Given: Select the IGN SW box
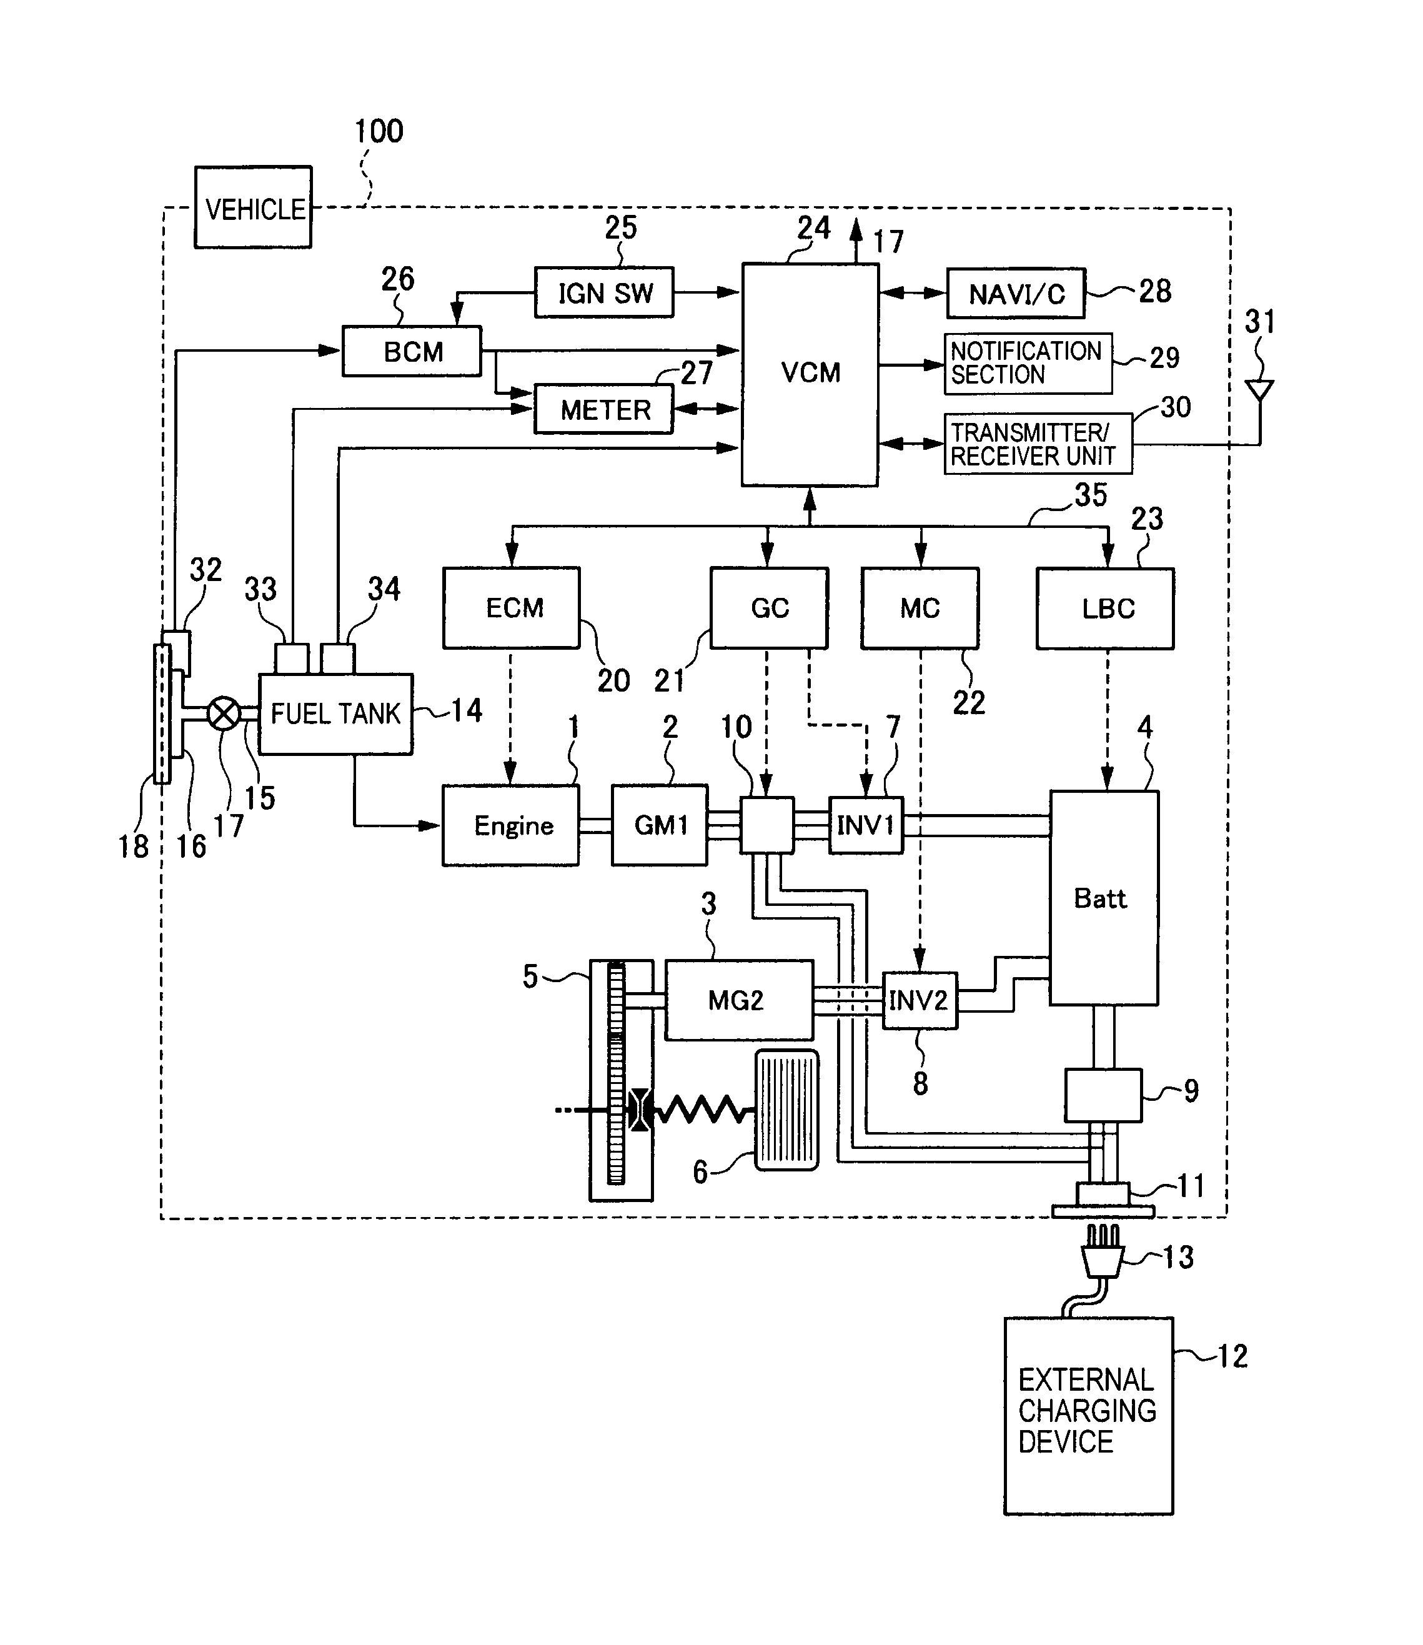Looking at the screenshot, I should [603, 293].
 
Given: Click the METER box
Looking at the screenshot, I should [603, 410].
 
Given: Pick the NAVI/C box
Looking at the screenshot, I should [1016, 294].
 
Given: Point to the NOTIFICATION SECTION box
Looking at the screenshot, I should [1028, 364].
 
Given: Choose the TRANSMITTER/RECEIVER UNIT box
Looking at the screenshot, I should [1037, 444].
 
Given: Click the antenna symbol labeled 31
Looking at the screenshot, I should [1259, 390].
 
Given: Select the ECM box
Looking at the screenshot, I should [512, 608].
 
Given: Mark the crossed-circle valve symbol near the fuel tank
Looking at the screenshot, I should [224, 713].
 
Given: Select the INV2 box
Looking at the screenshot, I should [920, 1000].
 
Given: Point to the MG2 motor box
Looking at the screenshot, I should [738, 1000].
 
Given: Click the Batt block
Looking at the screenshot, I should [1104, 898].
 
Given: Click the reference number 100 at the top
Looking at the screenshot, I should [379, 131].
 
